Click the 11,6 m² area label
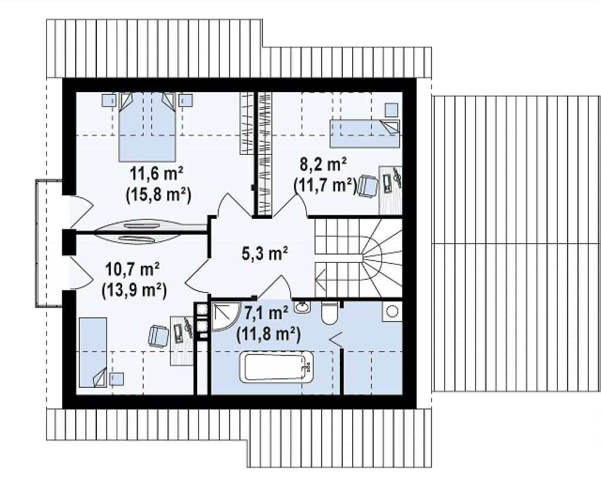(156, 174)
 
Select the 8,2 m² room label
(323, 164)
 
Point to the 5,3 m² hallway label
(265, 253)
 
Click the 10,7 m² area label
(133, 270)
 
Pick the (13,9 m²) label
(134, 290)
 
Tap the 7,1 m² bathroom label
(266, 314)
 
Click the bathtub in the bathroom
(276, 368)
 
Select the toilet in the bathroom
(330, 314)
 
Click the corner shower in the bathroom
(221, 317)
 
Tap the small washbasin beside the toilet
(302, 307)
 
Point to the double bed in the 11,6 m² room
(147, 127)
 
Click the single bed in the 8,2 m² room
(364, 134)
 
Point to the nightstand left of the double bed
(109, 100)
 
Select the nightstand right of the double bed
(186, 100)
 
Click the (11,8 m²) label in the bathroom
(268, 334)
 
